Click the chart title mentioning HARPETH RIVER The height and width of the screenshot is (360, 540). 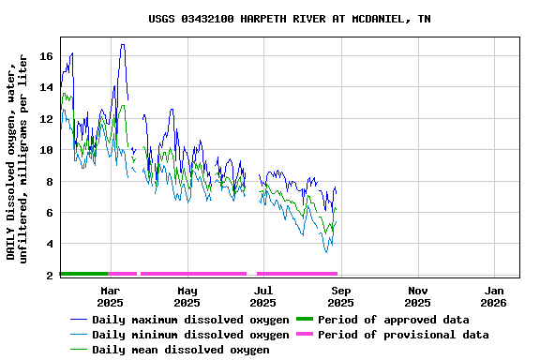pyautogui.click(x=290, y=19)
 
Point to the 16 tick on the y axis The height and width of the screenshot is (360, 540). pyautogui.click(x=46, y=56)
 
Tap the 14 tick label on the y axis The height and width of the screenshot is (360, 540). pyautogui.click(x=46, y=87)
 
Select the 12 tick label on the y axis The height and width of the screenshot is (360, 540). pyautogui.click(x=46, y=119)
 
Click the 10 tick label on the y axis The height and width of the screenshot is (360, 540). pyautogui.click(x=46, y=150)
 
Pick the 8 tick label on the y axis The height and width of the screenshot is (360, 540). pyautogui.click(x=50, y=182)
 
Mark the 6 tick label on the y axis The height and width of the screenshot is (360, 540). pyautogui.click(x=50, y=213)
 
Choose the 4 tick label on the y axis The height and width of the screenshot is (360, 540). pyautogui.click(x=50, y=245)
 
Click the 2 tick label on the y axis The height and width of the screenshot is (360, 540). pyautogui.click(x=50, y=276)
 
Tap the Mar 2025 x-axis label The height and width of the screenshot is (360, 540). pyautogui.click(x=110, y=296)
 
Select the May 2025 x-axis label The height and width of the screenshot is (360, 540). pyautogui.click(x=187, y=296)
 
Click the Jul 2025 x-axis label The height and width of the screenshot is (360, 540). pyautogui.click(x=263, y=296)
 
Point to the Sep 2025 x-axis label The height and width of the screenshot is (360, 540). pyautogui.click(x=340, y=296)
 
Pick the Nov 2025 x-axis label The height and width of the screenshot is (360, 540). pyautogui.click(x=417, y=296)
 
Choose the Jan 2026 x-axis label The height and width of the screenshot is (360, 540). pyautogui.click(x=494, y=296)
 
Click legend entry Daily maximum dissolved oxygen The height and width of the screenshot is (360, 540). pyautogui.click(x=190, y=320)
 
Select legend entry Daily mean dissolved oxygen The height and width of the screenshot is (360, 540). pyautogui.click(x=180, y=350)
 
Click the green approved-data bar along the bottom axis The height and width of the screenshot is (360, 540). pyautogui.click(x=84, y=274)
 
